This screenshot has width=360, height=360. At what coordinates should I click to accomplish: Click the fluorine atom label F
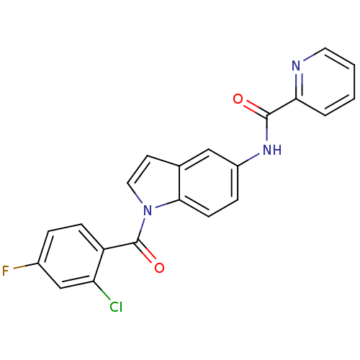click(5, 271)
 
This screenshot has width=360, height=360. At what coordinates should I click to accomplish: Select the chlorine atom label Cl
click(116, 307)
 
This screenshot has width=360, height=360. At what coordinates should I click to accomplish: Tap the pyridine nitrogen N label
click(296, 66)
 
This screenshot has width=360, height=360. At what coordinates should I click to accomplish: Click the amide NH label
click(272, 150)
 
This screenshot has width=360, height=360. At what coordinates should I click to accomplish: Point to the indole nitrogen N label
click(148, 210)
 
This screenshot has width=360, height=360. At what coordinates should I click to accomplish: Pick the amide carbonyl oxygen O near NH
click(238, 99)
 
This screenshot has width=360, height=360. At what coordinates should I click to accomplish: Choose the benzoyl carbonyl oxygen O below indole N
click(159, 268)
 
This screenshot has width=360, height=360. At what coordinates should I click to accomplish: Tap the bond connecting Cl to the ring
click(102, 290)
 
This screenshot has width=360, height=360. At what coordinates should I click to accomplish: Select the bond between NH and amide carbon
click(267, 128)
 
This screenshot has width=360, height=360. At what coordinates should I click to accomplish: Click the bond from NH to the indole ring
click(248, 160)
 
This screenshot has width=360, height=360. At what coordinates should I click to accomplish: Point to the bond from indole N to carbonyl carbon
click(141, 230)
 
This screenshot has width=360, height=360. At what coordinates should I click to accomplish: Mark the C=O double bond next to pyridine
click(256, 109)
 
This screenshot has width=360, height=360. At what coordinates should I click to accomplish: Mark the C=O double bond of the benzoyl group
click(146, 252)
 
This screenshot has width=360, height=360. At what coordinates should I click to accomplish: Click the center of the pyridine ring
click(325, 82)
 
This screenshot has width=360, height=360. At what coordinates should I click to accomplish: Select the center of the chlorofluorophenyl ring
click(71, 256)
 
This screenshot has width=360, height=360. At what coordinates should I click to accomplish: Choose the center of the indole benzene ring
click(208, 183)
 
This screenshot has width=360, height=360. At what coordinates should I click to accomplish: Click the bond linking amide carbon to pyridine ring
click(282, 107)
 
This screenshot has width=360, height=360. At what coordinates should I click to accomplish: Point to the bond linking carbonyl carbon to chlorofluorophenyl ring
click(121, 246)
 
